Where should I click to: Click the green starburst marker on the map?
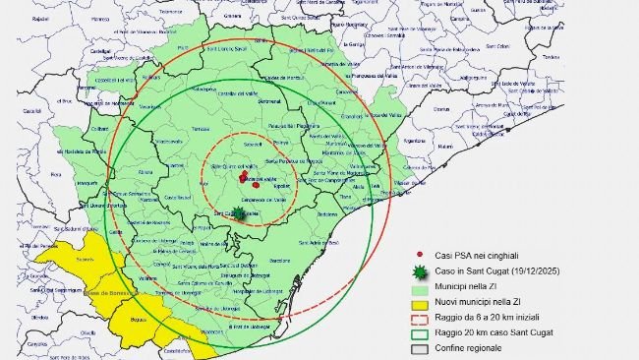click(x=239, y=213)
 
